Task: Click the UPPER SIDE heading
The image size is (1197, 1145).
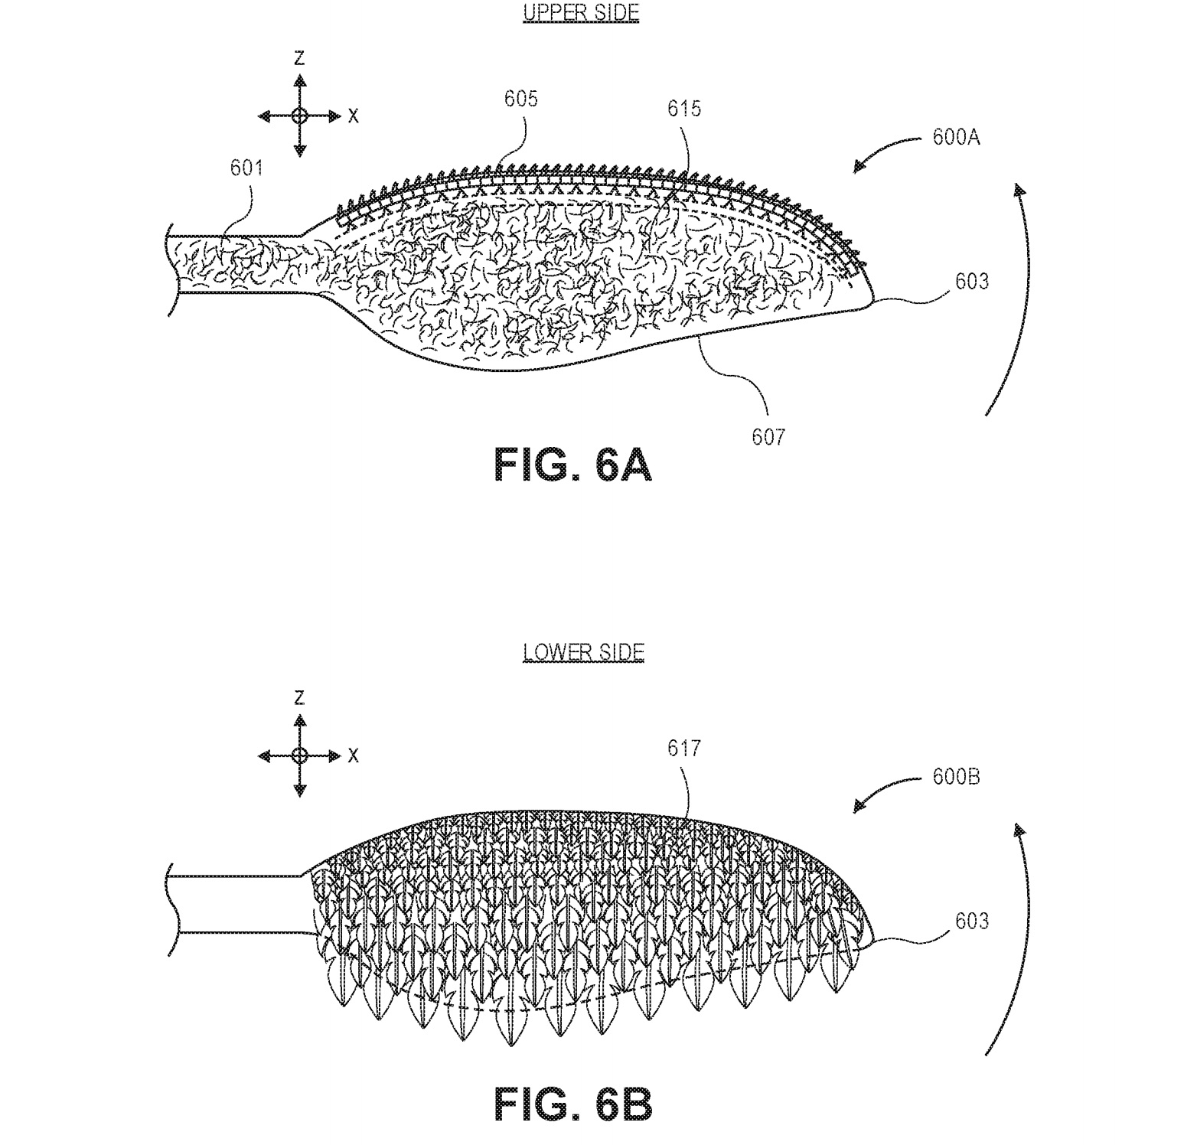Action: (581, 13)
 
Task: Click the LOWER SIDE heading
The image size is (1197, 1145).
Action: (583, 652)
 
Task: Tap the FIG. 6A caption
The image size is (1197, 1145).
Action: (573, 465)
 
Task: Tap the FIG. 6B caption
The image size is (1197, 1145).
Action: (573, 1104)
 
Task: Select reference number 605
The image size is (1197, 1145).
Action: (520, 99)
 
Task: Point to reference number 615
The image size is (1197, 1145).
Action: (683, 109)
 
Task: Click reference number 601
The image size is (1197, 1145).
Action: (246, 168)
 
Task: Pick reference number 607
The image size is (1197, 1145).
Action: (768, 436)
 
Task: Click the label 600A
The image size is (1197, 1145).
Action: (956, 138)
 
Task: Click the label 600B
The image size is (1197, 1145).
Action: (956, 777)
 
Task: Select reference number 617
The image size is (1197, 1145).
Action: (683, 748)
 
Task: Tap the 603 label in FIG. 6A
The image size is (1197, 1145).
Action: (971, 282)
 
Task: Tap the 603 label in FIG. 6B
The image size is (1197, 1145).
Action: (971, 921)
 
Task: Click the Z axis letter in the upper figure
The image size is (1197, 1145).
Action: (300, 58)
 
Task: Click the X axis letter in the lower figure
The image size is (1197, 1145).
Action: (353, 755)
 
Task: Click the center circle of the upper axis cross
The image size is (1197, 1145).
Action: (300, 116)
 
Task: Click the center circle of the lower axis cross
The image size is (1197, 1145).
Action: (300, 755)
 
